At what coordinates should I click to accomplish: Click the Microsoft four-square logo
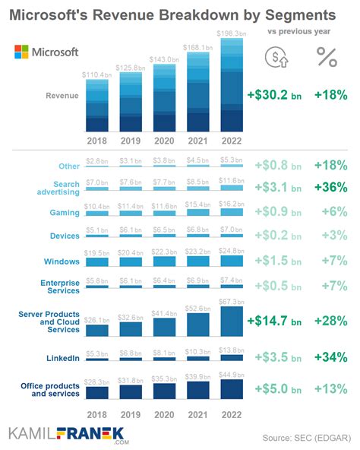pos(24,52)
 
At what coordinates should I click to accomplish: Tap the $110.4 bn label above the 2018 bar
pos(96,74)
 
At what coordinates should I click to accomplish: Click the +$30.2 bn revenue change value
pos(274,95)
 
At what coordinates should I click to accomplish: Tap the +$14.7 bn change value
pos(274,320)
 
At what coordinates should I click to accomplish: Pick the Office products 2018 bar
pos(96,393)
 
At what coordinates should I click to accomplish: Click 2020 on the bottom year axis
pos(163,414)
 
